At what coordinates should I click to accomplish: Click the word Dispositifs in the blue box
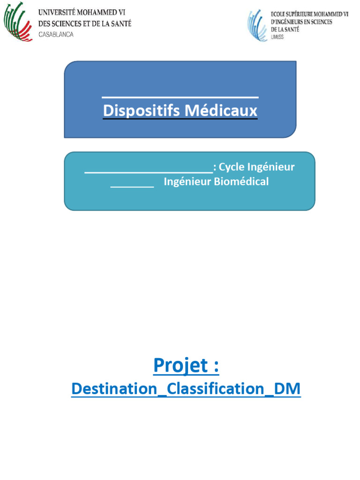[141, 111]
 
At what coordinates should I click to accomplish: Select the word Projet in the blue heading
[180, 366]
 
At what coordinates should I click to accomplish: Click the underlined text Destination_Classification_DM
[186, 389]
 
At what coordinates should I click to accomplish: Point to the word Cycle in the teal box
[232, 167]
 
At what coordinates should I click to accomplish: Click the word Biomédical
[241, 182]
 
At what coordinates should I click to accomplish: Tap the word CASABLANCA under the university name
[56, 34]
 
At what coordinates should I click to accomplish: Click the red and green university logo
[19, 22]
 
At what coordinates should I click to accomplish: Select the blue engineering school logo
[257, 25]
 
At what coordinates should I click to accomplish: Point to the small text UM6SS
[277, 37]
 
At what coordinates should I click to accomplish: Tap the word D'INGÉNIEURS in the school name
[287, 22]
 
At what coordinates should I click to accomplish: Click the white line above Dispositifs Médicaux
[180, 97]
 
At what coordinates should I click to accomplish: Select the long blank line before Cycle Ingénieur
[149, 172]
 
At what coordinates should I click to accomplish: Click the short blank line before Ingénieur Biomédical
[132, 187]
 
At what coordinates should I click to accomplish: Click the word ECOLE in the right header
[279, 15]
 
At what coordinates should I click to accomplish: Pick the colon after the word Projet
[215, 366]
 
